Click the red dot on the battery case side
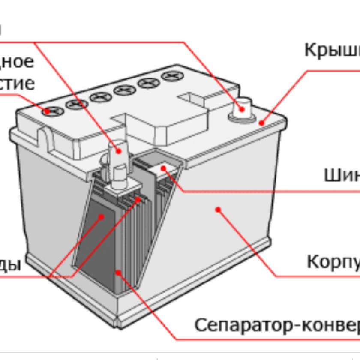tap(218, 210)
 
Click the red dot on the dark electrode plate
tap(102, 217)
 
